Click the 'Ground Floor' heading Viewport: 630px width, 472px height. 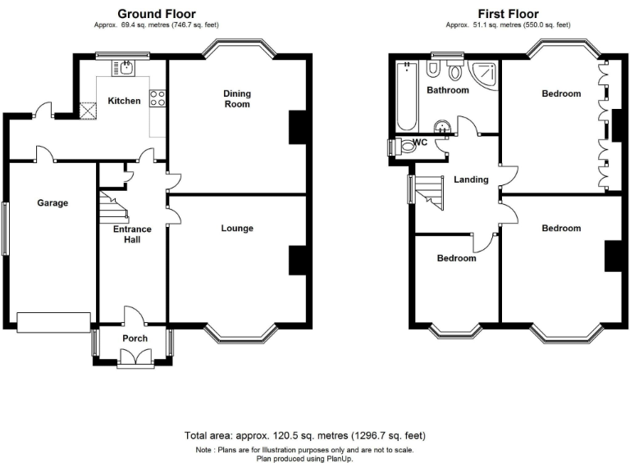[157, 13]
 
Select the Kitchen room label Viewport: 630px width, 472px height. [124, 101]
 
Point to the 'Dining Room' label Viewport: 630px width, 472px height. [237, 99]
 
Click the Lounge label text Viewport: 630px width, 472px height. [237, 228]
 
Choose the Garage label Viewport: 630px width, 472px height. [52, 203]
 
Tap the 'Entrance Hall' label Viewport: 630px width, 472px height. [132, 234]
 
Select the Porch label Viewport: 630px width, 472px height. [135, 338]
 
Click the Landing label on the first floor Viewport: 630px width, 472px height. [471, 179]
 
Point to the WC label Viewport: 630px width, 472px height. [421, 143]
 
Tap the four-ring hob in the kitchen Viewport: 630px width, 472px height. [157, 98]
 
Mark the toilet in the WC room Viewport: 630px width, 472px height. [407, 148]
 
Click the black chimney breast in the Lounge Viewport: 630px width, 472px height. [297, 260]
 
